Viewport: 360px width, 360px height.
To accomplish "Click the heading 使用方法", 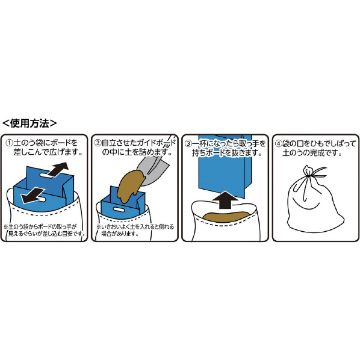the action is pyautogui.click(x=29, y=123).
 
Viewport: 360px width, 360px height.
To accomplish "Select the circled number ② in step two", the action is pyautogui.click(x=98, y=143).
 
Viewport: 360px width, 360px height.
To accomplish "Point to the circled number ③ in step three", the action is pyautogui.click(x=188, y=144).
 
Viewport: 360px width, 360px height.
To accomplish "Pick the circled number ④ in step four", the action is pyautogui.click(x=279, y=144).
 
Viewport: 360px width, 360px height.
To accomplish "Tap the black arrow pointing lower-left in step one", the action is pyautogui.click(x=33, y=195).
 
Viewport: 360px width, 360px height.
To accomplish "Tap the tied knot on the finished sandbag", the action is pyautogui.click(x=308, y=172).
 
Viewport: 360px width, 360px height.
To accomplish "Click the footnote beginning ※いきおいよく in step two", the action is pyautogui.click(x=135, y=231).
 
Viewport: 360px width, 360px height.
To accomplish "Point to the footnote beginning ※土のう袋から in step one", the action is pyautogui.click(x=45, y=231).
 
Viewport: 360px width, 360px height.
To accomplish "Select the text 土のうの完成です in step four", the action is pyautogui.click(x=312, y=153).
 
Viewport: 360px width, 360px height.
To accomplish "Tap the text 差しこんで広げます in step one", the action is pyautogui.click(x=48, y=152).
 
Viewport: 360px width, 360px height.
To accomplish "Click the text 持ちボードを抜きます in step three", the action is pyautogui.click(x=227, y=153).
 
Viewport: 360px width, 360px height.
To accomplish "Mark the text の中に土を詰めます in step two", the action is pyautogui.click(x=137, y=152).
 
